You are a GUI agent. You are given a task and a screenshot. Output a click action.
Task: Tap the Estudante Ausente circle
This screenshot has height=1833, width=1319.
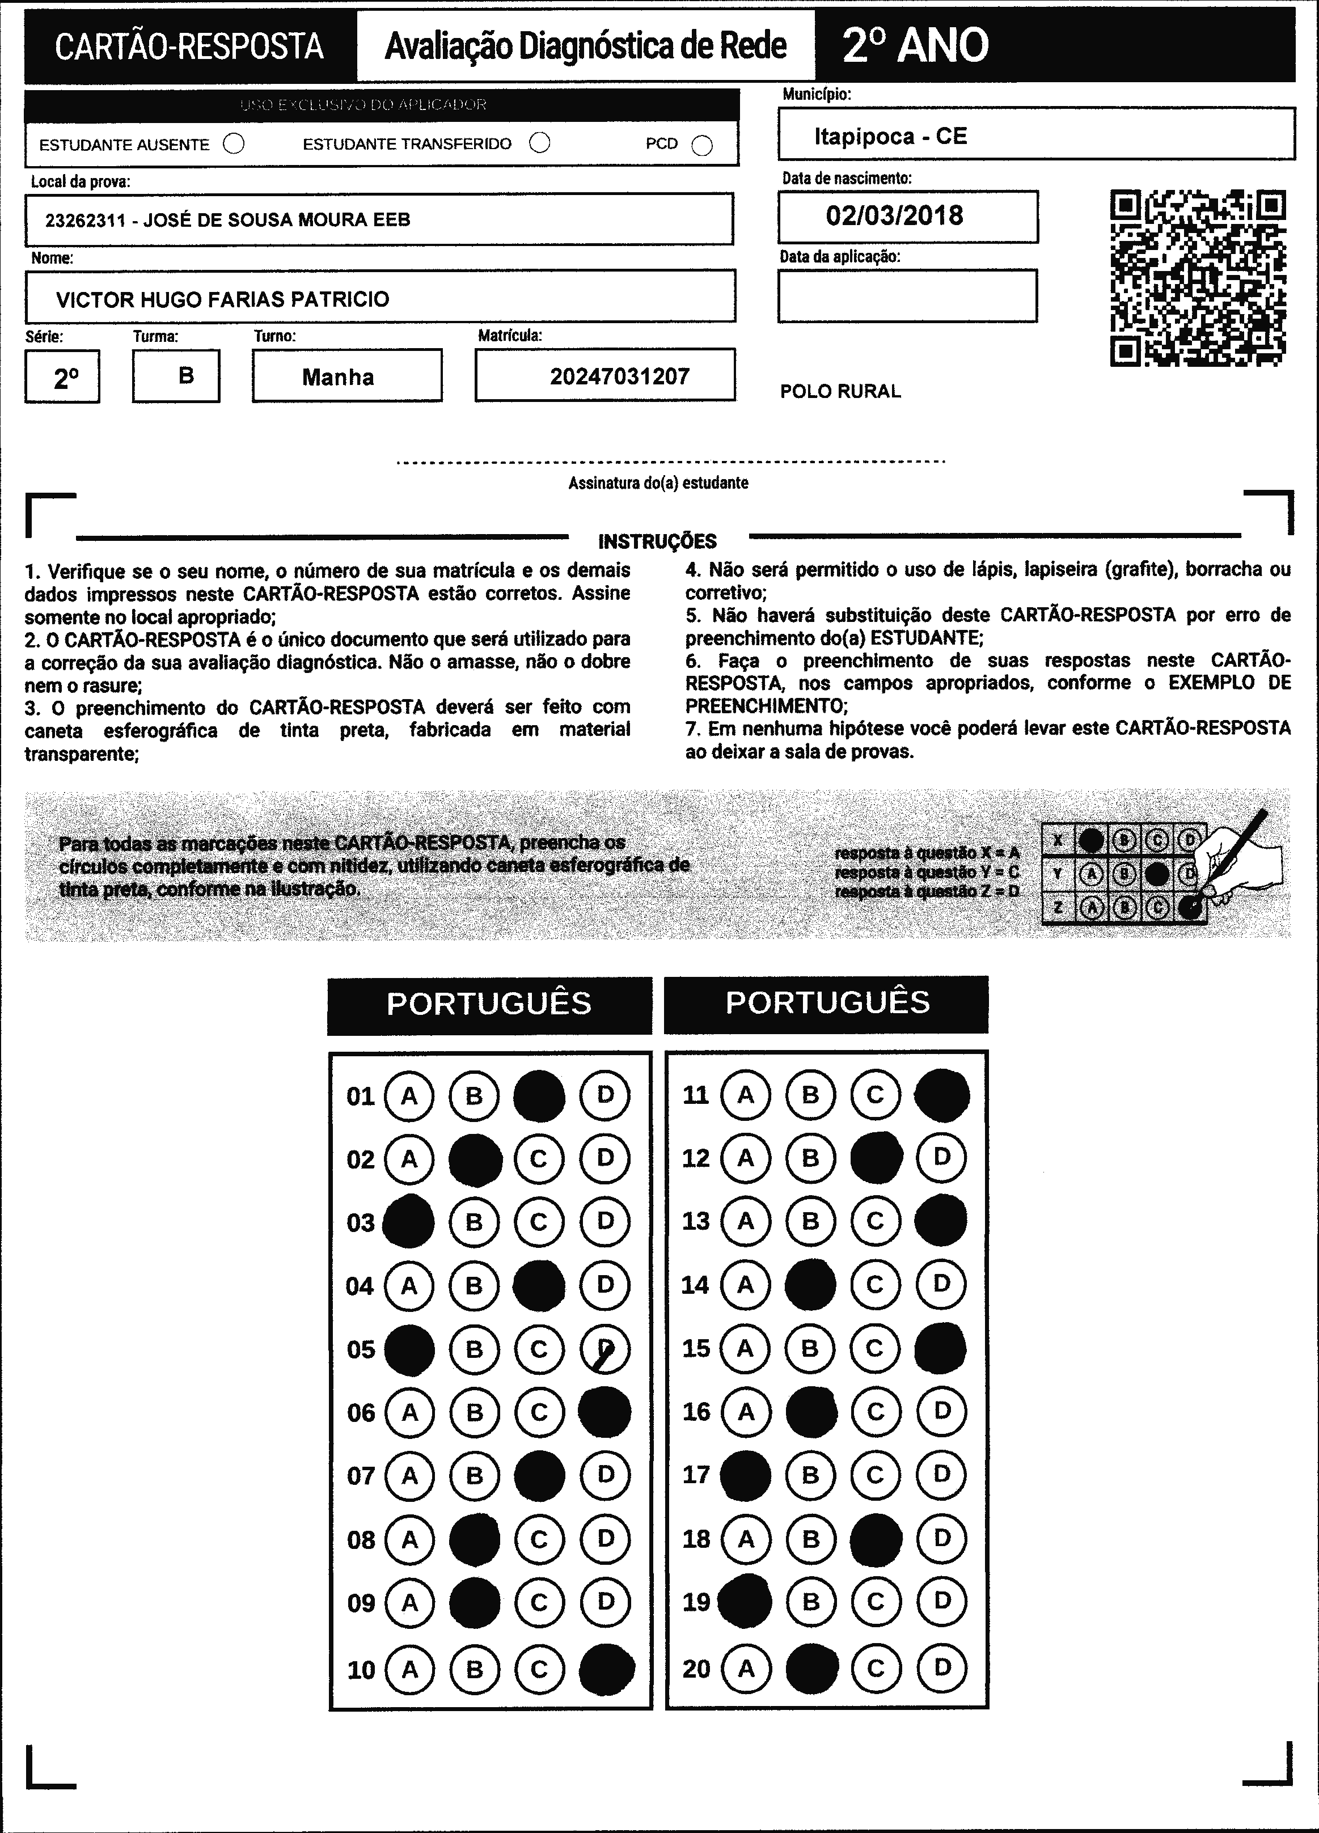pyautogui.click(x=234, y=144)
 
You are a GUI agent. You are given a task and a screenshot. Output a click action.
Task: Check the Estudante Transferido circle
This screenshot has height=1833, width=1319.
pyautogui.click(x=539, y=143)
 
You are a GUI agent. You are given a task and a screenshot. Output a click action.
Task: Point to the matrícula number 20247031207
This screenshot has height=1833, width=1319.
pyautogui.click(x=619, y=376)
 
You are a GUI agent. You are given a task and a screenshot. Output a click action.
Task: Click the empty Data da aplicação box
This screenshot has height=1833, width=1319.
pyautogui.click(x=907, y=296)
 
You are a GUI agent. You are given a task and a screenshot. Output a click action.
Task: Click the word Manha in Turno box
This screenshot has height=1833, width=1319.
pyautogui.click(x=338, y=378)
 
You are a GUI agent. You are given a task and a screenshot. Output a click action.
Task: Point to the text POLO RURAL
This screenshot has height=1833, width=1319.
pyautogui.click(x=840, y=392)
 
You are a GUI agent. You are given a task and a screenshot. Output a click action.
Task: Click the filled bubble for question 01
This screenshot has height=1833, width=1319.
pyautogui.click(x=539, y=1096)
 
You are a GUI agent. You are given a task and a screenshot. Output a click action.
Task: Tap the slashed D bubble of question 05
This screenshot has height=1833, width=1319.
pyautogui.click(x=604, y=1349)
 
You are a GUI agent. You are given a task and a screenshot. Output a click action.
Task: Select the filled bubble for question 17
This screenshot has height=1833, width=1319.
pyautogui.click(x=745, y=1475)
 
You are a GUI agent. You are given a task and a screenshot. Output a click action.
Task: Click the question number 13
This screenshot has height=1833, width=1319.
pyautogui.click(x=696, y=1220)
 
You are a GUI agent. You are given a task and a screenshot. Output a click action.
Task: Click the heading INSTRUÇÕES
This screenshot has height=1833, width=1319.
pyautogui.click(x=657, y=541)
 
